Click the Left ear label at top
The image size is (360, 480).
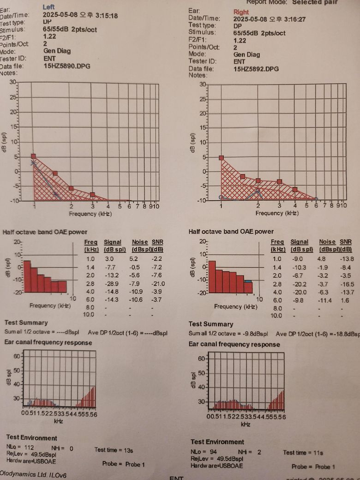[48, 7]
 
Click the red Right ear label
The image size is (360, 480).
[241, 12]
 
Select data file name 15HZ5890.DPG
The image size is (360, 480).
[67, 66]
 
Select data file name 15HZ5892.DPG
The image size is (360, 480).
[256, 69]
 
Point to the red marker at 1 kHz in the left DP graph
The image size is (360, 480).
[34, 156]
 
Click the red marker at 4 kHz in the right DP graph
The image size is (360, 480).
[295, 189]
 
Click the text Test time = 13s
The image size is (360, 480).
[114, 450]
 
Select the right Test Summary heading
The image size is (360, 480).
[211, 324]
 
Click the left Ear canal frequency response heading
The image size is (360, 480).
[48, 342]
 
